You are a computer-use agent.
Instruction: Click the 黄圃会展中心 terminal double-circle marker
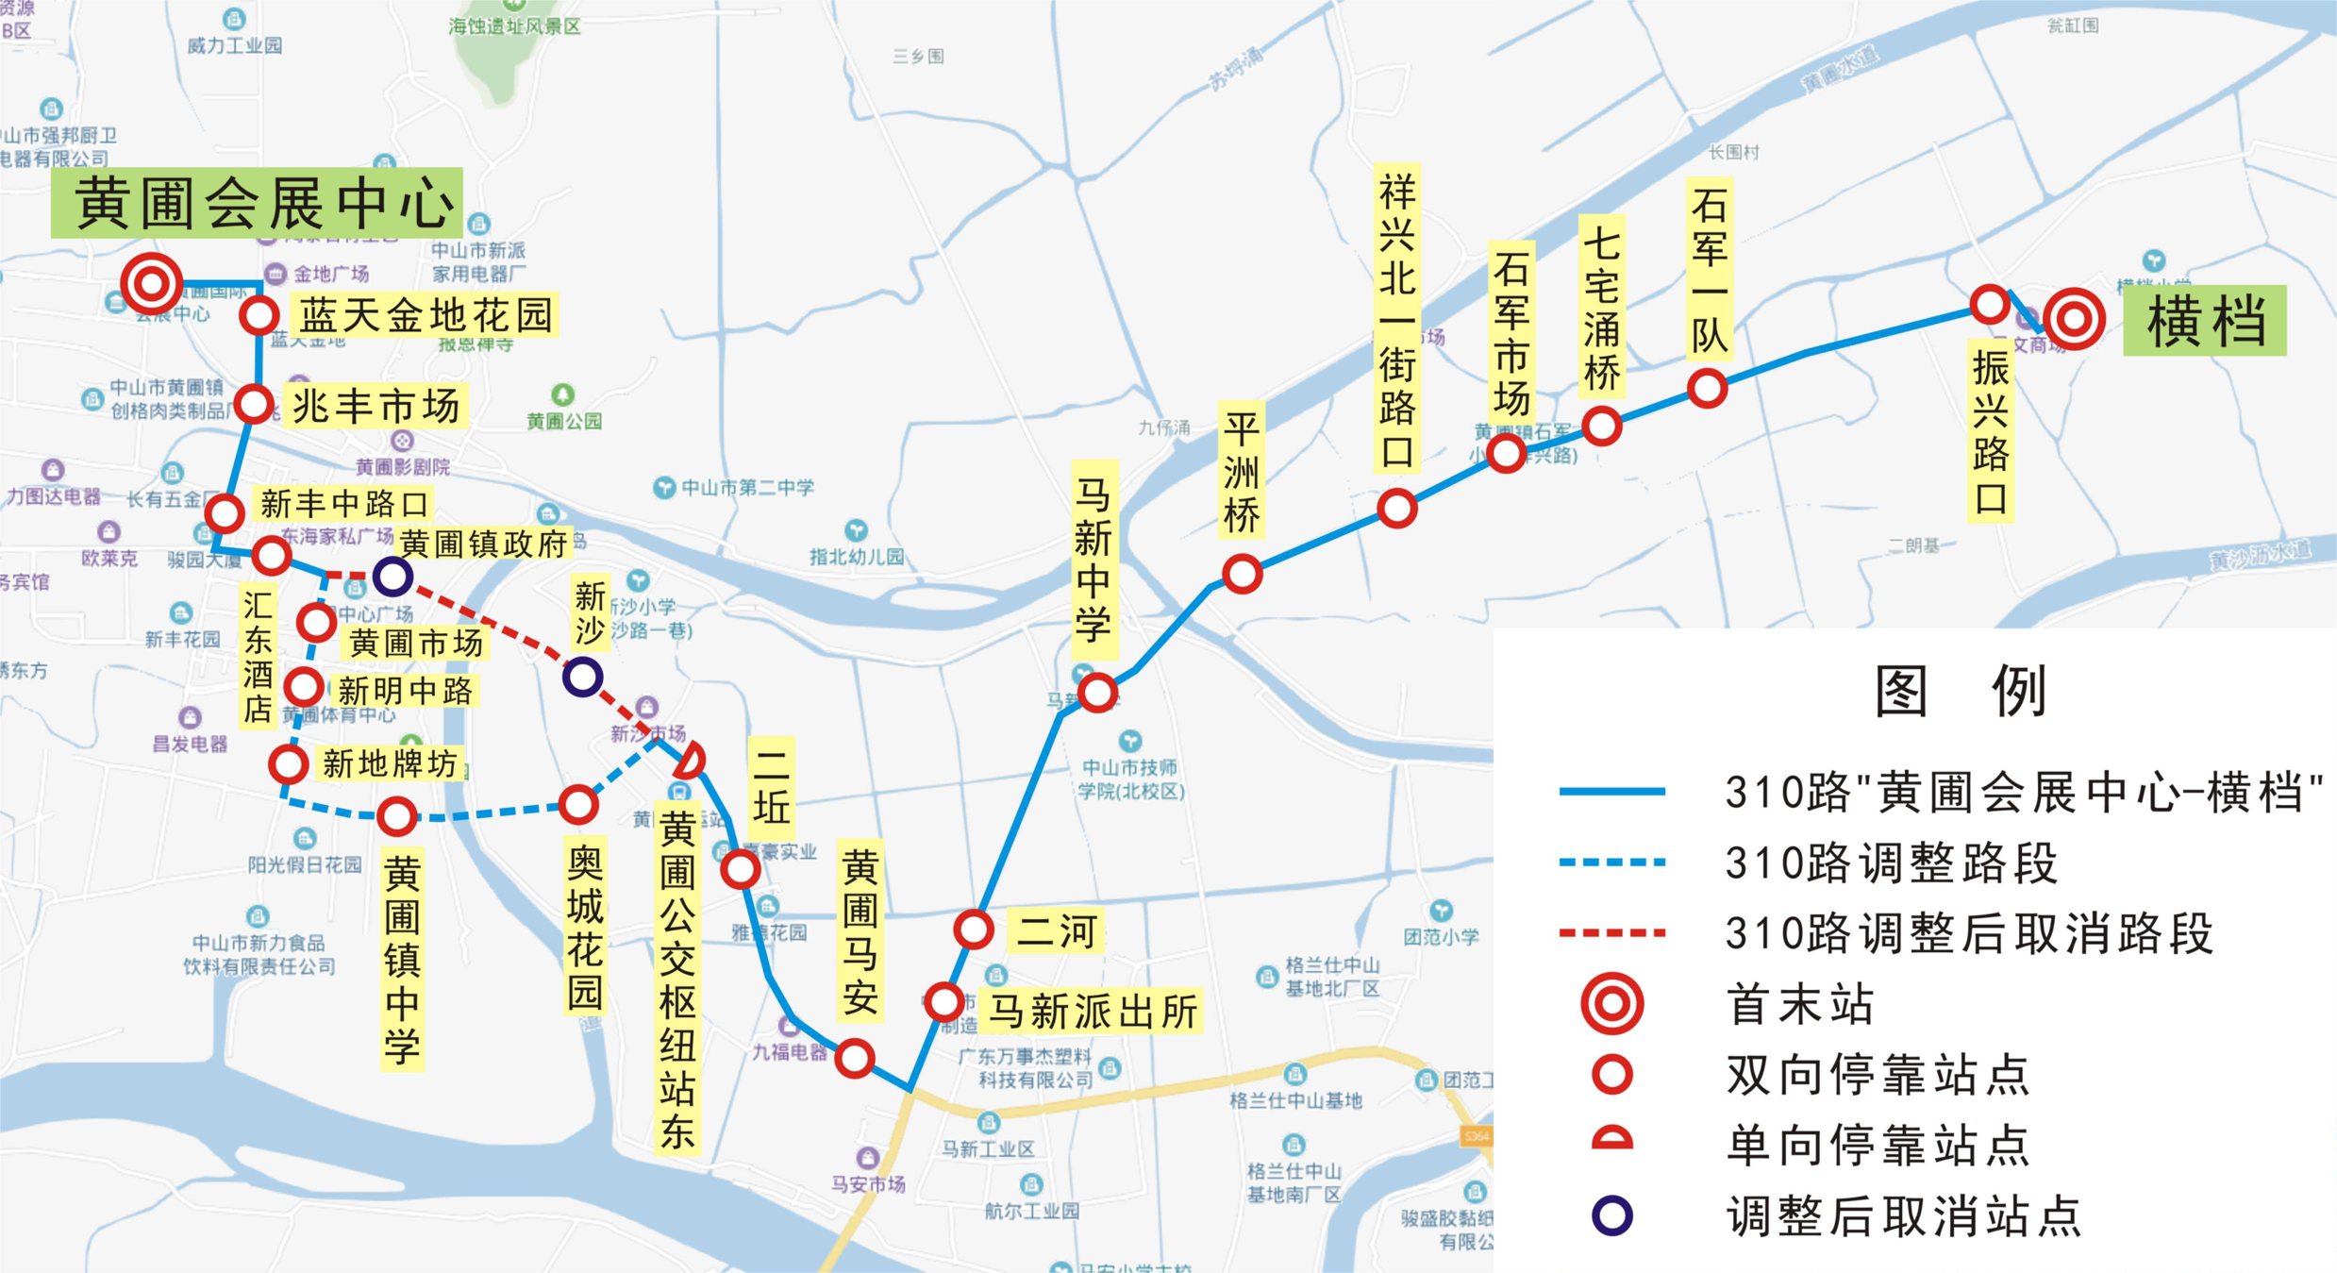pos(151,283)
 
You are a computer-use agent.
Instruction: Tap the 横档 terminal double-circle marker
pos(2073,319)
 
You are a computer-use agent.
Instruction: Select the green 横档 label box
pos(2204,320)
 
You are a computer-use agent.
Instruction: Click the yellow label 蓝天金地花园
pos(426,315)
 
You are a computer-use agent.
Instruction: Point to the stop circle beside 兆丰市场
pos(254,404)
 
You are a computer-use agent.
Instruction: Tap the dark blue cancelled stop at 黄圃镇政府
pos(392,576)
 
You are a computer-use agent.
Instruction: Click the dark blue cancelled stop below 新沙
pos(583,676)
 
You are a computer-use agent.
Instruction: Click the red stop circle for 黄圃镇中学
pos(397,816)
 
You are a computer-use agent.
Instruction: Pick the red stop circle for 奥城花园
pos(578,805)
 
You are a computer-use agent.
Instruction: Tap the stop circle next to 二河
pos(973,930)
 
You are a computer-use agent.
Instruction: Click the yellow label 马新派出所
pos(1092,1012)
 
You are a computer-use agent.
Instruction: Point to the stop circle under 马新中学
pos(1097,693)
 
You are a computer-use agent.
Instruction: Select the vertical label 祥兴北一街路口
pos(1397,321)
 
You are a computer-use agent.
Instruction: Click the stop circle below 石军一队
pos(1707,388)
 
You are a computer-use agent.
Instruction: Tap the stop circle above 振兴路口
pos(1989,305)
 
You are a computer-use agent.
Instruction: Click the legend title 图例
pos(1960,691)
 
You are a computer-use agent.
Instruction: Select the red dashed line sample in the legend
pos(1611,932)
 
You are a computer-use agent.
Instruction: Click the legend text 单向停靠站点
pos(1878,1145)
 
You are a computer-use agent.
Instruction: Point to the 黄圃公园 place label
pos(563,421)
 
